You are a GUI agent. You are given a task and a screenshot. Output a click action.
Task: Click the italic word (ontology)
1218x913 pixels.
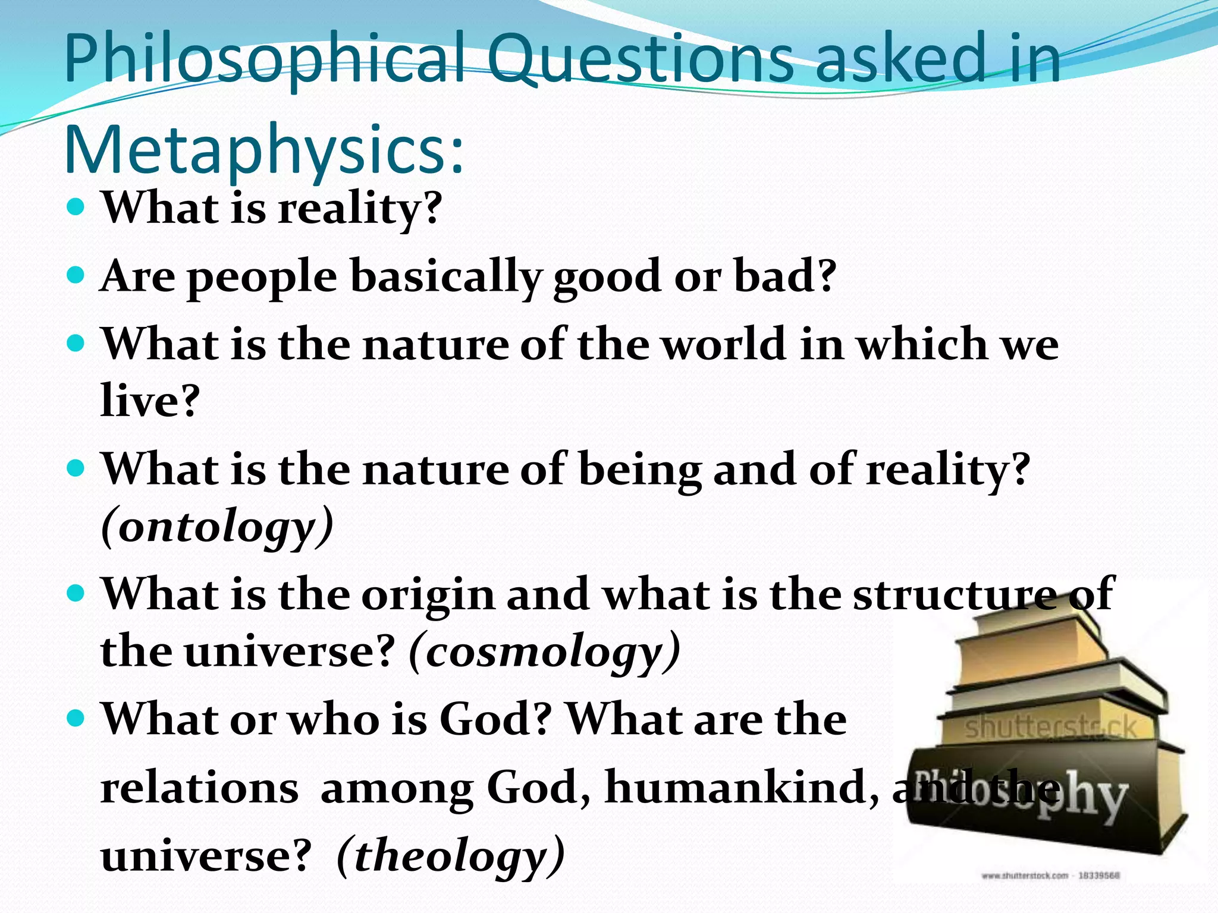tap(217, 527)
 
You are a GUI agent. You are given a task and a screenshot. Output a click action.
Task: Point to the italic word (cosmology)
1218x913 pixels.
tap(544, 651)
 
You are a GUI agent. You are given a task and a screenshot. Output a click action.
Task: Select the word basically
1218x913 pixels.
tap(446, 276)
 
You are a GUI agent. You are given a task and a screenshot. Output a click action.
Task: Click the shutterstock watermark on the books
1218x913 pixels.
tap(1050, 728)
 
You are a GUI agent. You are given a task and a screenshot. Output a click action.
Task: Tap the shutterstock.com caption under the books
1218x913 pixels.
tap(1050, 876)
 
